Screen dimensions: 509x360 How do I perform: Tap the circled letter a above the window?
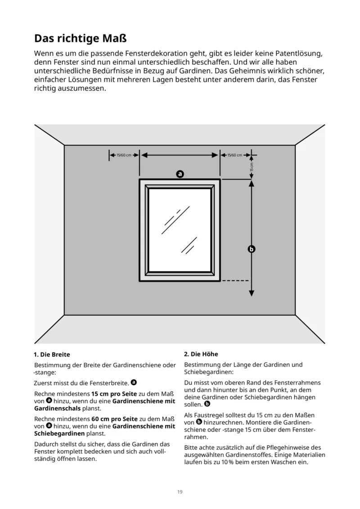point(180,173)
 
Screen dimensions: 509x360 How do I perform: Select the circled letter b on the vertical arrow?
point(252,249)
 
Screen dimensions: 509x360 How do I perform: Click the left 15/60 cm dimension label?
point(124,155)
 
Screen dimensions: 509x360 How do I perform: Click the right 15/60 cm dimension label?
point(235,155)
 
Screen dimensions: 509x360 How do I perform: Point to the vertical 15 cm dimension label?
point(252,167)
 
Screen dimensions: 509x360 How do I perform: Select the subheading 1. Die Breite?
point(52,355)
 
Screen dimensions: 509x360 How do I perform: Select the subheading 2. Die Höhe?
point(201,354)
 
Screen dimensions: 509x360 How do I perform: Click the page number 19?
point(180,491)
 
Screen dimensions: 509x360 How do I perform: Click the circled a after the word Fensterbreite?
point(134,383)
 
